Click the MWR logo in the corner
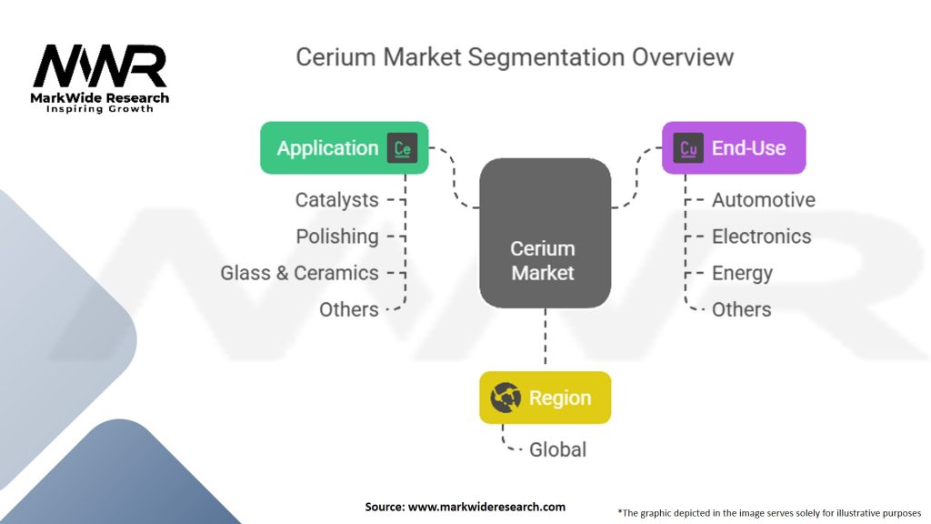pos(100,78)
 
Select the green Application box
pos(345,148)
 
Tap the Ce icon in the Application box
pos(402,148)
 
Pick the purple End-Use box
pos(734,148)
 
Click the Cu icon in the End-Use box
pos(688,148)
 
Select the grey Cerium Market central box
pos(546,233)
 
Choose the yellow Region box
pos(546,398)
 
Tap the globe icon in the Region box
pos(506,398)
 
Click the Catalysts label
pos(336,200)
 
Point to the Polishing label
pos(337,237)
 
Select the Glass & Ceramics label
pos(299,273)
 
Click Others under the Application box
pos(348,309)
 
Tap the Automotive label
pos(764,200)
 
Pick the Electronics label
pos(761,237)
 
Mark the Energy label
pos(742,273)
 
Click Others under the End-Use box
pos(742,309)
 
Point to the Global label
pos(557,449)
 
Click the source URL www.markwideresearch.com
pos(487,507)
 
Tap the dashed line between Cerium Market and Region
pos(546,337)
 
